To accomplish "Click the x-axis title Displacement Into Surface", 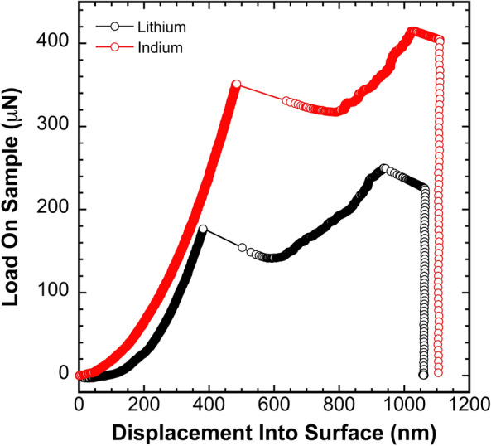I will [274, 432].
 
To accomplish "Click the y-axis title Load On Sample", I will [15, 207].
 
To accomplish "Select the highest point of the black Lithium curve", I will [384, 168].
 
